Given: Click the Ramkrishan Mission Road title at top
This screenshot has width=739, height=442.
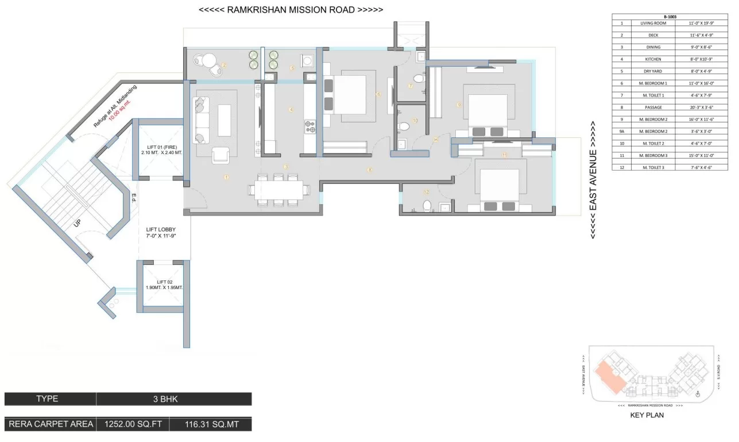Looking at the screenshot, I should (x=292, y=10).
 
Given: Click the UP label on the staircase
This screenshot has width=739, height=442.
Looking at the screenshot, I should (x=78, y=224).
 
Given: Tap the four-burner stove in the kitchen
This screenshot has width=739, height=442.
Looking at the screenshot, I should (x=310, y=125).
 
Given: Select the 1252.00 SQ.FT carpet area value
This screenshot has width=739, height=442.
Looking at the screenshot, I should (x=133, y=425).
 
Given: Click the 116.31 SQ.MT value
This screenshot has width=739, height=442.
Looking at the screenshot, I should (x=210, y=425).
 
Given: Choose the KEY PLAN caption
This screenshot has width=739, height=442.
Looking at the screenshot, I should (x=647, y=414).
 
